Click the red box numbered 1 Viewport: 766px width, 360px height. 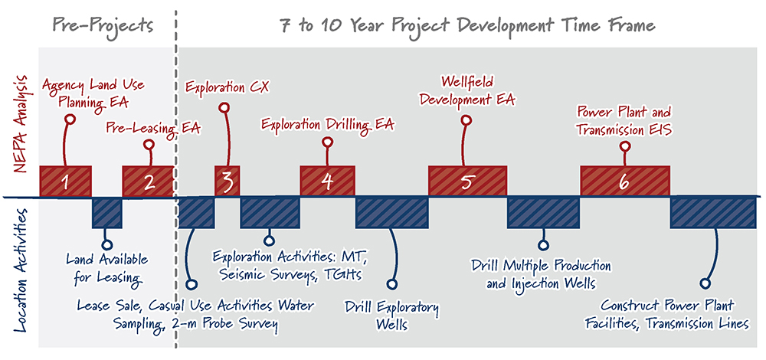pos(65,182)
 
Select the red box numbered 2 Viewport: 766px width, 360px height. pos(148,182)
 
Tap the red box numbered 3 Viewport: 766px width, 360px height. pos(228,182)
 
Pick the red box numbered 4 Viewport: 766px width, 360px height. pos(327,182)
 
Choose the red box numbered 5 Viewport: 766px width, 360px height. pos(467,182)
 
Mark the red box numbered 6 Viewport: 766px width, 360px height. pos(625,182)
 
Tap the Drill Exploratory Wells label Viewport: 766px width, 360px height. pos(391,316)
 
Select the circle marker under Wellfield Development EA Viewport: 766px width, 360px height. pos(467,119)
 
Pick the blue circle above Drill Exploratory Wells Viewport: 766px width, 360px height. pos(391,284)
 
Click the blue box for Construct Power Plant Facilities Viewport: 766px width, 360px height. pos(714,213)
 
